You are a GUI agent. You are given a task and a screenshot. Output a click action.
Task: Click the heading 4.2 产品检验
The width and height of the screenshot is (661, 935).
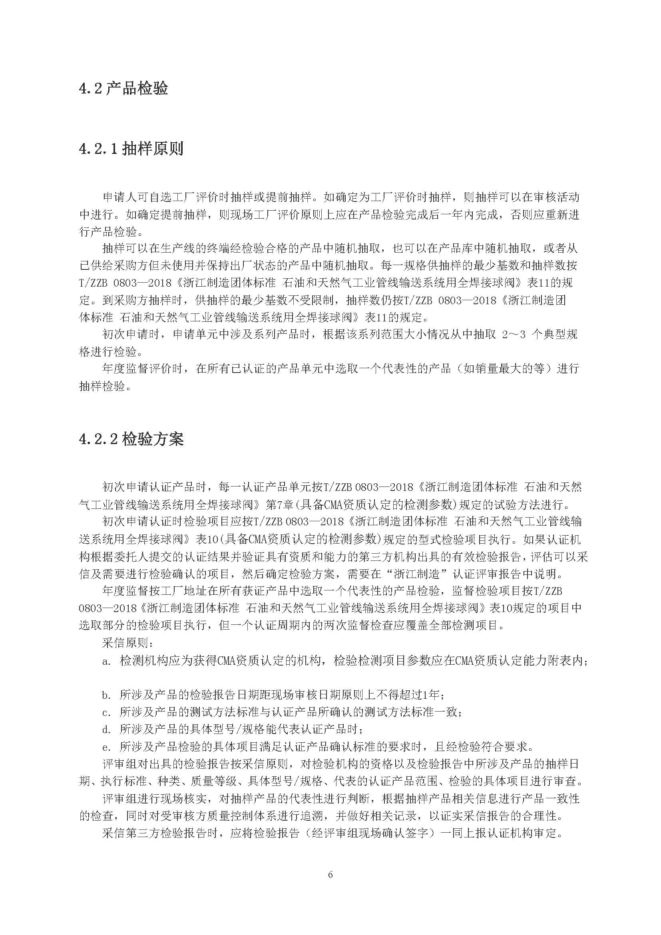[123, 88]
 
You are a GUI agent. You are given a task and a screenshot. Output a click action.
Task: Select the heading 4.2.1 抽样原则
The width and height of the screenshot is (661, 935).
[131, 148]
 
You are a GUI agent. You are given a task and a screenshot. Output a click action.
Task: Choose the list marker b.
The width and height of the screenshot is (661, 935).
[107, 695]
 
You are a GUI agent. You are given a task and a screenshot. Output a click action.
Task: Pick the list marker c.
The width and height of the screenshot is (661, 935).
[107, 713]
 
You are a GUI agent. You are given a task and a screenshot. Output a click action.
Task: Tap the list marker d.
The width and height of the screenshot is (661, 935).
[107, 730]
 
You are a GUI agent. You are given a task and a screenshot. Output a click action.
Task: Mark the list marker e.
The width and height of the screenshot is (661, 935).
[107, 747]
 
